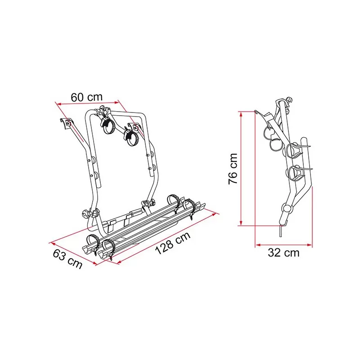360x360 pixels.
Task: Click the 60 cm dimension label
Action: [x=86, y=97]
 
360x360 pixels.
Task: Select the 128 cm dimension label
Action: [x=173, y=243]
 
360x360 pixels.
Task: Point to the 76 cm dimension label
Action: [x=233, y=169]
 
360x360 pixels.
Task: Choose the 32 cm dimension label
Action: [x=283, y=253]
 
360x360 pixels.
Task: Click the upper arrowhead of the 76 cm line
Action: [x=241, y=114]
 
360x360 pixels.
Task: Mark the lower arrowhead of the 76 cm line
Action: [x=241, y=223]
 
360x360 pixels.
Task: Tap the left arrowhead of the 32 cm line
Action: [x=258, y=245]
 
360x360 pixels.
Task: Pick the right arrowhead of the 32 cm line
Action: [x=310, y=245]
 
